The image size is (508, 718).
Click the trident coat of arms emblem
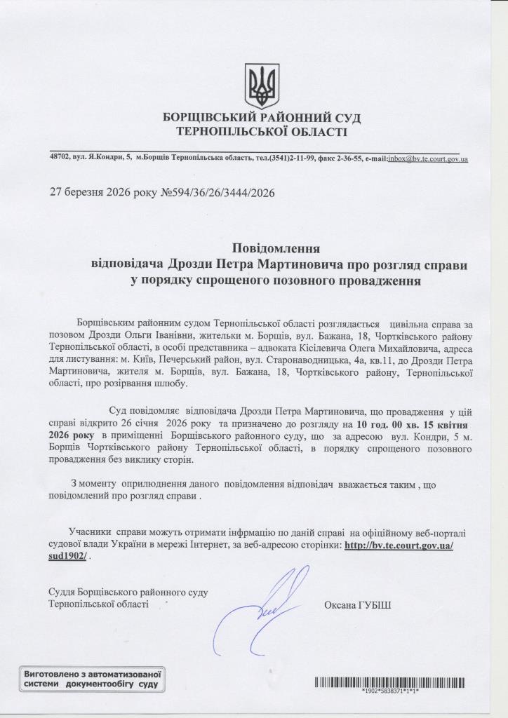[x=262, y=86]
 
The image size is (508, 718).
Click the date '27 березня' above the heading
[x=77, y=192]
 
